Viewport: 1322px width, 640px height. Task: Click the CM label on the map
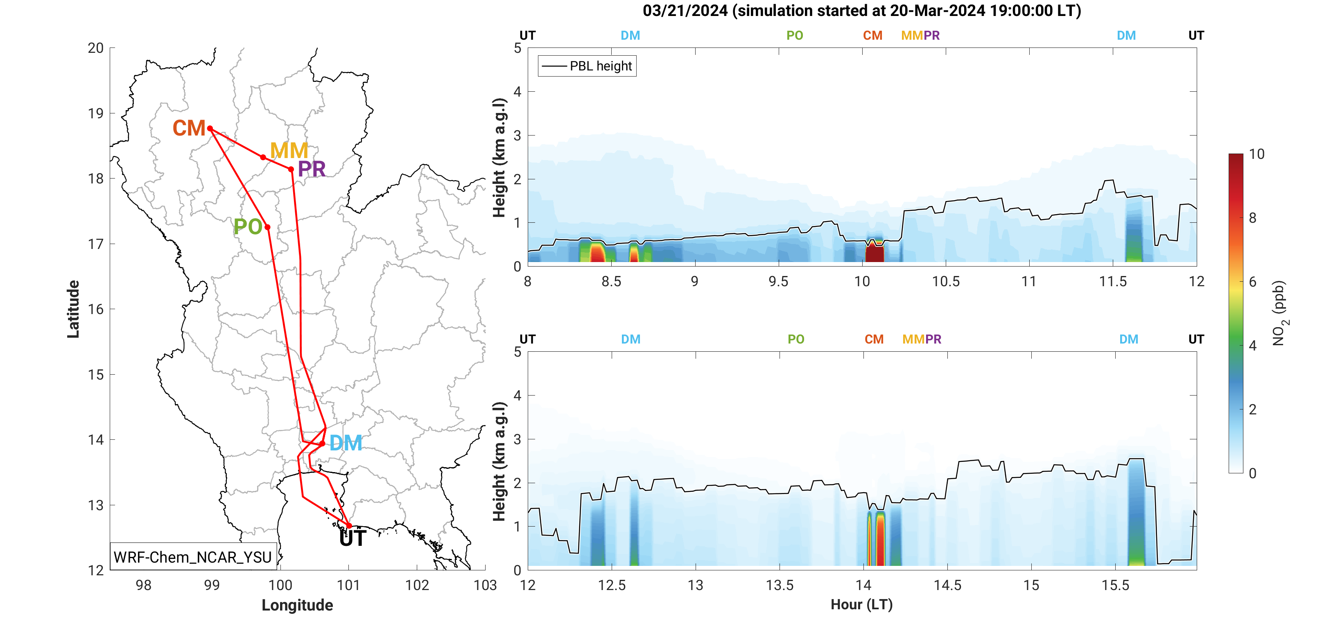(x=189, y=128)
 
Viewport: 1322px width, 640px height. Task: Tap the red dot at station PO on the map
(x=267, y=227)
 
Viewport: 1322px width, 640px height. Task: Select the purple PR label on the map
(x=312, y=169)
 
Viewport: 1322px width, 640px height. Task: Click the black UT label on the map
(x=353, y=538)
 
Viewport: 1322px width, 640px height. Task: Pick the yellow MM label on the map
(x=289, y=150)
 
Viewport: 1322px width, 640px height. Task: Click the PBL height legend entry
(x=587, y=66)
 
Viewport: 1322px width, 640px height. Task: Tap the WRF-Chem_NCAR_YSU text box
(x=192, y=557)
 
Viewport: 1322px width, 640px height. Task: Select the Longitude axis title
(x=297, y=605)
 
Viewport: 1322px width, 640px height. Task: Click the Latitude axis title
(x=73, y=309)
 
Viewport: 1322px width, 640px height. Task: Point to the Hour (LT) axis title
(x=862, y=605)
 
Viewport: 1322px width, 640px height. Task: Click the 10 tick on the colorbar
(x=1256, y=154)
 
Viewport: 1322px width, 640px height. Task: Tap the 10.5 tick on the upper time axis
(x=946, y=281)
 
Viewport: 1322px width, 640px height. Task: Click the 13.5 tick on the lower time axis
(x=780, y=585)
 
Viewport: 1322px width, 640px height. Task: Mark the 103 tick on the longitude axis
(x=485, y=585)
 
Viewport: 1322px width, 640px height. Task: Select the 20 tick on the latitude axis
(x=95, y=48)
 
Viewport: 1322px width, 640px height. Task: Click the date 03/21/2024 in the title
(x=685, y=11)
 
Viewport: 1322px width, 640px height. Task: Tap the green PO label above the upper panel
(x=794, y=35)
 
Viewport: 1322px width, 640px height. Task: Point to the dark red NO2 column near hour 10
(x=875, y=253)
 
